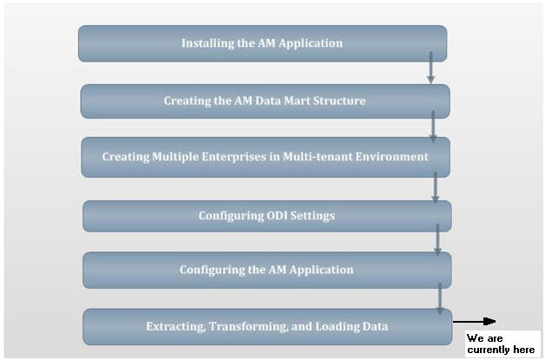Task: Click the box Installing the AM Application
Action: click(262, 43)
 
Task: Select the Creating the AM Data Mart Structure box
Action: click(265, 101)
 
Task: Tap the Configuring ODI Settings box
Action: click(266, 216)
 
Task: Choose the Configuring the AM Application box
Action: click(266, 270)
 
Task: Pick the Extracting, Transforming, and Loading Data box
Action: click(266, 326)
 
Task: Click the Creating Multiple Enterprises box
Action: click(265, 157)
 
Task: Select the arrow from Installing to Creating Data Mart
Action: click(430, 69)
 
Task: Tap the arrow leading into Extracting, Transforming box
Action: click(440, 297)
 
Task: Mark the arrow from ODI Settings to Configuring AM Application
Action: click(438, 239)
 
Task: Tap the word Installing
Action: click(207, 43)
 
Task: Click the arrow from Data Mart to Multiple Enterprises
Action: click(433, 126)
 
